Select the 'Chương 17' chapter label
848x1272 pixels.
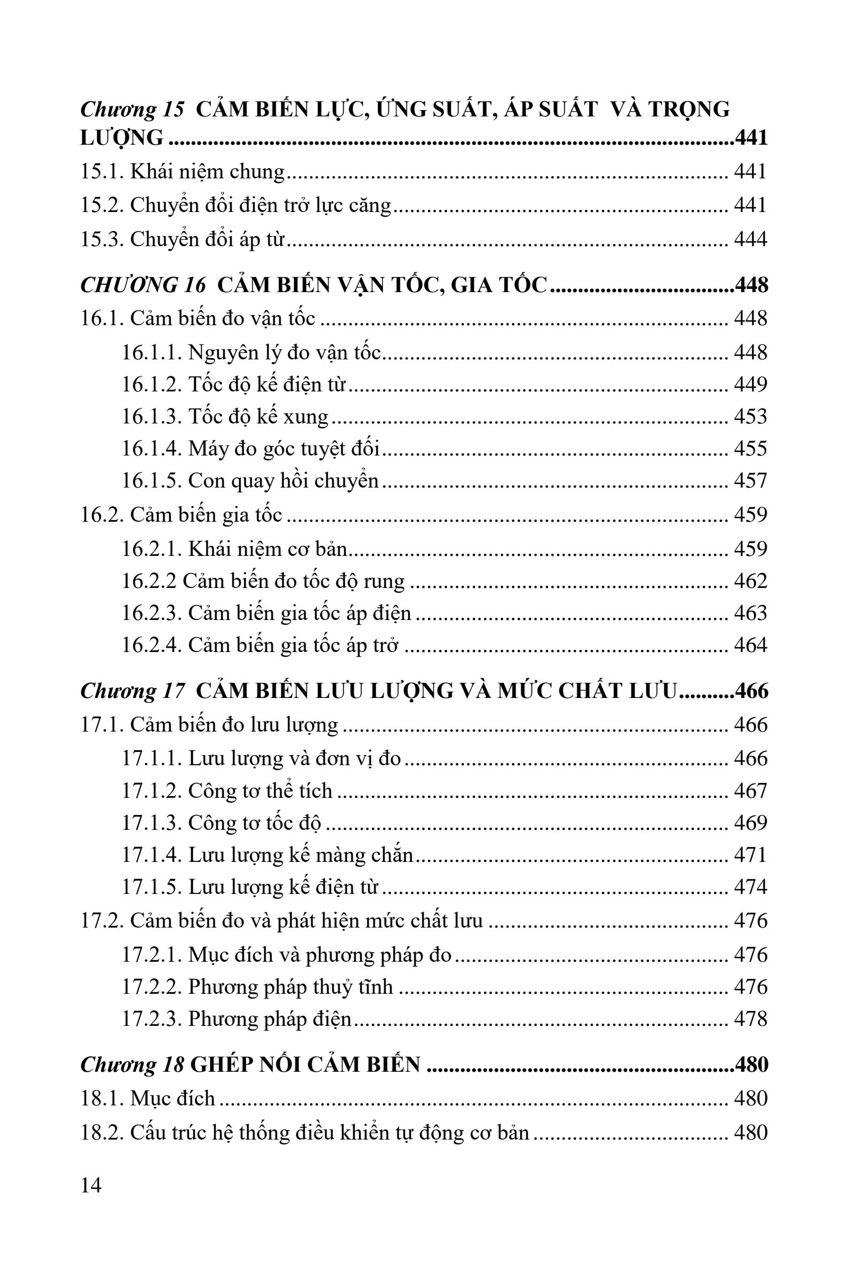[x=132, y=691]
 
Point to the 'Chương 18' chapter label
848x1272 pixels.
[x=132, y=1064]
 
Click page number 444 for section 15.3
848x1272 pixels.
[x=750, y=239]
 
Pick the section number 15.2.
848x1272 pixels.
[x=102, y=206]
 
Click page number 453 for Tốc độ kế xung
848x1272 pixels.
[x=750, y=417]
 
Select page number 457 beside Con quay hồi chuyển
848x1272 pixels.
[x=750, y=481]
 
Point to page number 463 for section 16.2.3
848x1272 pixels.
[x=750, y=613]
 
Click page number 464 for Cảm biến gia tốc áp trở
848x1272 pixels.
[x=750, y=645]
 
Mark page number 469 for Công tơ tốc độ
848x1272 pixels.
[x=750, y=822]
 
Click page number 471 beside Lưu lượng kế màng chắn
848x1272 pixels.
[x=750, y=855]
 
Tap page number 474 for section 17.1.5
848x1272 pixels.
[x=750, y=887]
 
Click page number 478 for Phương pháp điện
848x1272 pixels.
[x=750, y=1019]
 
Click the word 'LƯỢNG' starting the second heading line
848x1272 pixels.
[x=122, y=138]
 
